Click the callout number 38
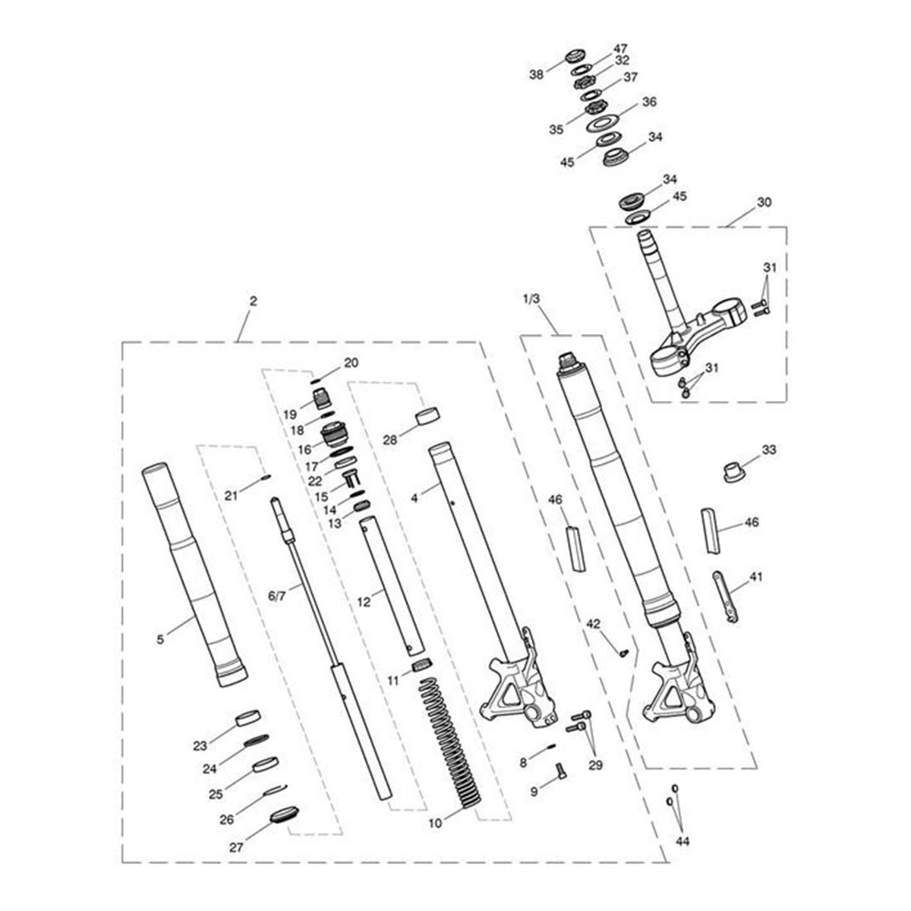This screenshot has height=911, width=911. (x=536, y=74)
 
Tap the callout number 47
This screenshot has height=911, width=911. (x=620, y=49)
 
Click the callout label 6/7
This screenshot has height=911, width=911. (x=277, y=596)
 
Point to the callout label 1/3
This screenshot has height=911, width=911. (x=531, y=299)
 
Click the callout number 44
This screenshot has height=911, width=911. (x=682, y=841)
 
